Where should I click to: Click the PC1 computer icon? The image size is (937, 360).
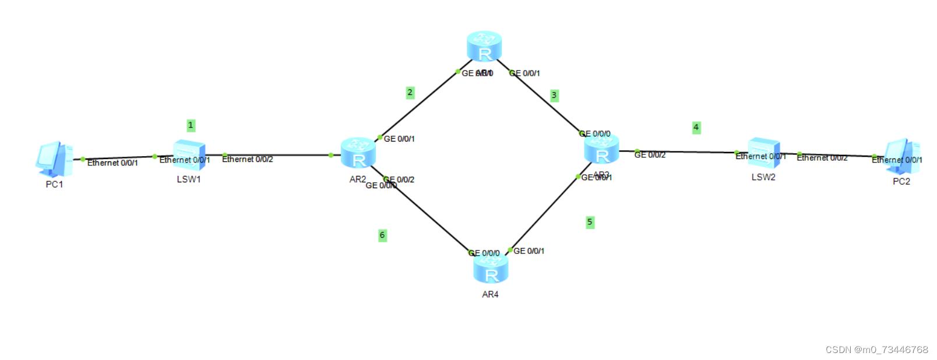coord(54,158)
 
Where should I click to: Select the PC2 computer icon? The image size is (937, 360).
coord(901,156)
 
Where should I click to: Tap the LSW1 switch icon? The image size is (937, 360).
coord(189,155)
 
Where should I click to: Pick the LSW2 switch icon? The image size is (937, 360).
coord(763,153)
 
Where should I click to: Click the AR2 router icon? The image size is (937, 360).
coord(358,154)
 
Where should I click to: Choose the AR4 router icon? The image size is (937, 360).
coord(491,268)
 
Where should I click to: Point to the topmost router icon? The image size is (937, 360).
coord(484,47)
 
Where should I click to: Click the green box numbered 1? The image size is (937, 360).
coord(191,125)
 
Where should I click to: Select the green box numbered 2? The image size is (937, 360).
coord(410,93)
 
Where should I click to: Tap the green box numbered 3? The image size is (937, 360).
coord(554,96)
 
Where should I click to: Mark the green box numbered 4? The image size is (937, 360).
coord(696,128)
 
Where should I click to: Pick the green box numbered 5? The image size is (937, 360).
coord(590,222)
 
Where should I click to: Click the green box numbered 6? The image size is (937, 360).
coord(382,235)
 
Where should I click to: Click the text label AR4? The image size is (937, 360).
coord(490,295)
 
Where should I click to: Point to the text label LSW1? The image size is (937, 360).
coord(189,179)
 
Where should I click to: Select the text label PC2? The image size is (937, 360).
coord(901,182)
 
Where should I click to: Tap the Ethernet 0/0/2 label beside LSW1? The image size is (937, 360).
coord(247,159)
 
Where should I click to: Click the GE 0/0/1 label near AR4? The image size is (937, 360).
coord(529,251)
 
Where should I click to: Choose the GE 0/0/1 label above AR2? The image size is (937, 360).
coord(399,139)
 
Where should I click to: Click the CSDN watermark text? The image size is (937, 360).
coord(876,350)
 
